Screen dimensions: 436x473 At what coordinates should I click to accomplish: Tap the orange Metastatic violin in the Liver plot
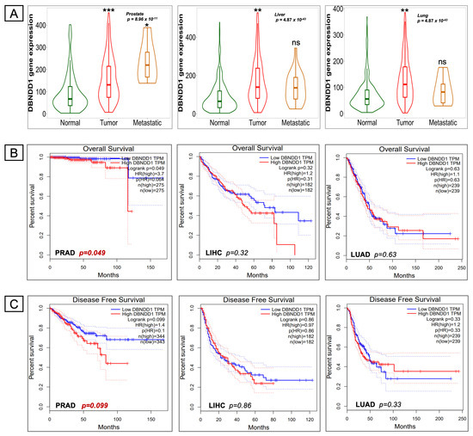pos(273,86)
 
